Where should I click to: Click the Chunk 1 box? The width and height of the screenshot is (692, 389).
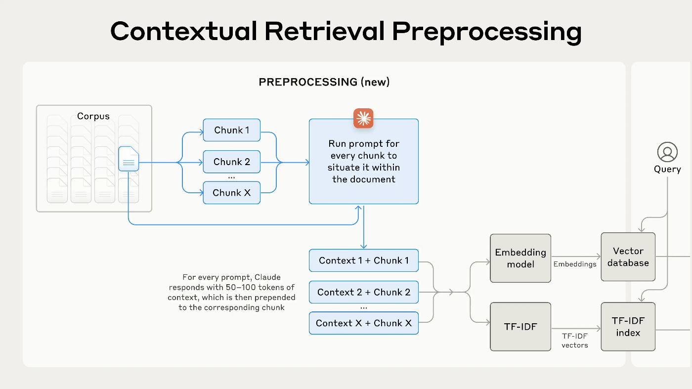click(232, 130)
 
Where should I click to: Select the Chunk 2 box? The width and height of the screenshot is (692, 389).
click(232, 162)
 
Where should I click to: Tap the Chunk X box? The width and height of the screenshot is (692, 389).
click(232, 192)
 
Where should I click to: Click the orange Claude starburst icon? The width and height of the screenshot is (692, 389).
click(363, 118)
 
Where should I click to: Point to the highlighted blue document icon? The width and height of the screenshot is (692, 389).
click(129, 159)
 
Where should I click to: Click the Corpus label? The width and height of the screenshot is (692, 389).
click(93, 116)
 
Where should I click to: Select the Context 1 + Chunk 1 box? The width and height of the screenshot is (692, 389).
click(364, 260)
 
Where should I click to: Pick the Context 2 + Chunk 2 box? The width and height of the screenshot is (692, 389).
click(364, 292)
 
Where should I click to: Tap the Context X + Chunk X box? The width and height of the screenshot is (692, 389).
click(364, 323)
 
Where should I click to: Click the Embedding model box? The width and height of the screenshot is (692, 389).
click(520, 259)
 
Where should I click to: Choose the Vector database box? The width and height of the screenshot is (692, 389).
click(628, 257)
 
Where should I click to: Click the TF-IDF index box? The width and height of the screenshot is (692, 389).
click(628, 327)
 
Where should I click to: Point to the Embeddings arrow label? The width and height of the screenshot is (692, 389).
click(574, 264)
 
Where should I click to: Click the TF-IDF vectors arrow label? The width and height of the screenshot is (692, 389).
click(574, 341)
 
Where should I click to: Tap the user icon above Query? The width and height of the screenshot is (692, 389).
click(667, 152)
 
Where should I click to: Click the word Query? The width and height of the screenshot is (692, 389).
click(667, 170)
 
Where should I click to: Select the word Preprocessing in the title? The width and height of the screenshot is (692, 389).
click(487, 32)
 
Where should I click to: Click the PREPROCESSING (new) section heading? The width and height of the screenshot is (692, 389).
click(324, 82)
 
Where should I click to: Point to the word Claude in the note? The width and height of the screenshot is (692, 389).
click(267, 277)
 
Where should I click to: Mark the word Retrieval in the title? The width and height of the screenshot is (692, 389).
click(324, 31)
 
